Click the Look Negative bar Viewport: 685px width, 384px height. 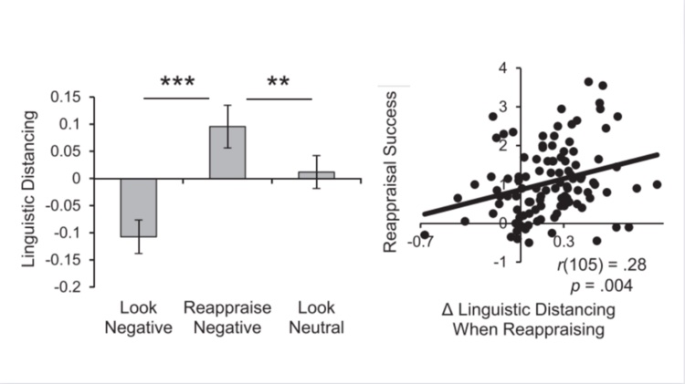(x=139, y=207)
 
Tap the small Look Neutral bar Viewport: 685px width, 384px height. (x=315, y=174)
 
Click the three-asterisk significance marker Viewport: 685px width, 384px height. (x=183, y=82)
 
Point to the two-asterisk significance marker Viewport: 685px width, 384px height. (x=284, y=82)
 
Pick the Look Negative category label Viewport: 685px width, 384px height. (x=140, y=317)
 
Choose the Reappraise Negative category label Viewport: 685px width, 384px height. (x=227, y=317)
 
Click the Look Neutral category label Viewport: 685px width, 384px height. (x=315, y=317)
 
